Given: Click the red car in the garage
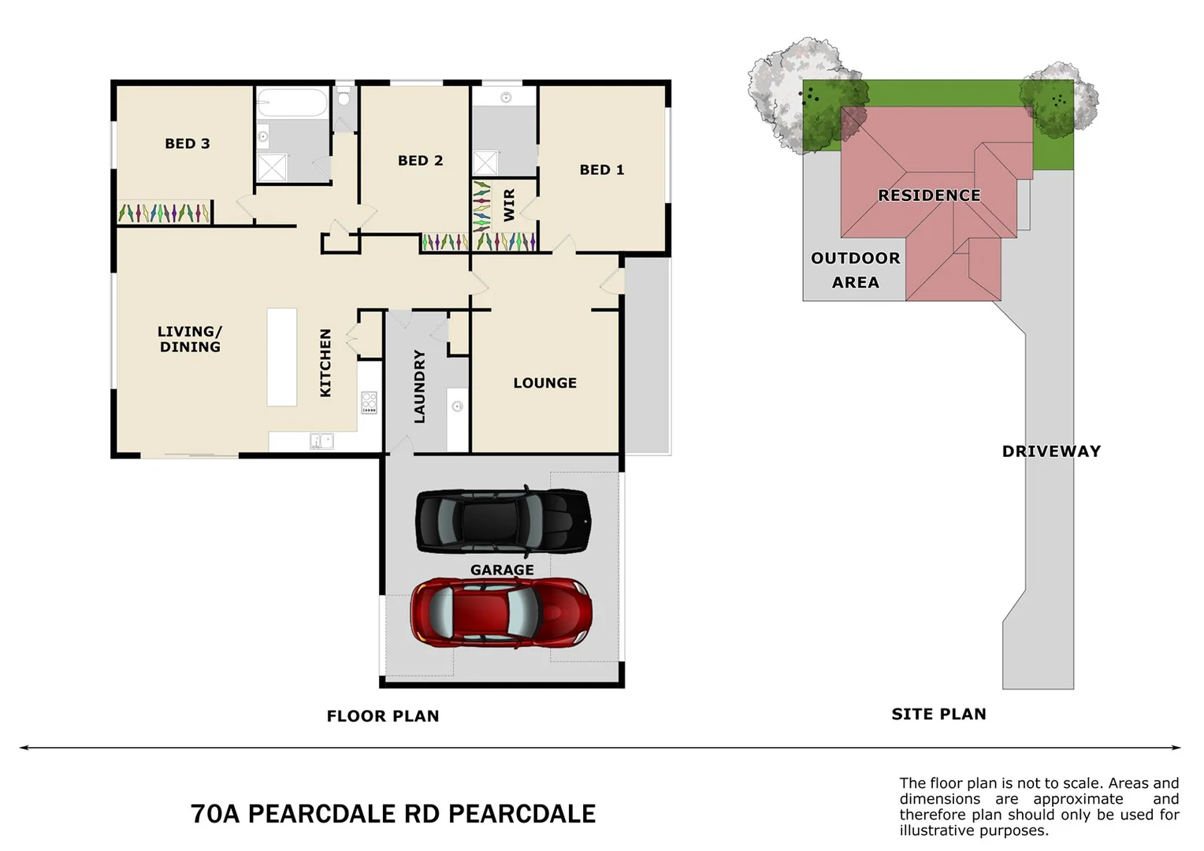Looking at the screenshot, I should [x=501, y=613].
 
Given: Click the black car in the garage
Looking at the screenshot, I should [x=503, y=521].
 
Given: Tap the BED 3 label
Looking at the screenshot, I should [x=188, y=143].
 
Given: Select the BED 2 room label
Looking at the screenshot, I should [x=420, y=161].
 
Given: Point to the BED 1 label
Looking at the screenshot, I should [x=601, y=170].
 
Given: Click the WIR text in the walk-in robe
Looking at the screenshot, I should [x=509, y=205].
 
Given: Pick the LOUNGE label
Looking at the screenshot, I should [x=544, y=383].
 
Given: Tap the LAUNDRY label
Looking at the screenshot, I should [x=419, y=386].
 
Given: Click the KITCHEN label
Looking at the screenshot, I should [x=325, y=362].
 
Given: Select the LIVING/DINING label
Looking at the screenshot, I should [x=190, y=339].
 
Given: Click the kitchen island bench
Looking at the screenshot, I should [x=282, y=357].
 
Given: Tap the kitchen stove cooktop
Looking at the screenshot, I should [x=369, y=402].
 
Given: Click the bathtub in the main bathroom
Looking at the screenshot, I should [x=292, y=102].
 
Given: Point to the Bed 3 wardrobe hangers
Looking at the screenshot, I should [x=164, y=213].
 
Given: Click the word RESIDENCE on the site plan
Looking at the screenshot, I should [x=929, y=195].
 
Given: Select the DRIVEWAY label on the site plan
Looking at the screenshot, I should [x=1051, y=452].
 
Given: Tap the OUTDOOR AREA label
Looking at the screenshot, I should [x=855, y=269].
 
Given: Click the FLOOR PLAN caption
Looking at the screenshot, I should [x=383, y=716].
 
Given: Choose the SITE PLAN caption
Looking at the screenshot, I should [x=938, y=714].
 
